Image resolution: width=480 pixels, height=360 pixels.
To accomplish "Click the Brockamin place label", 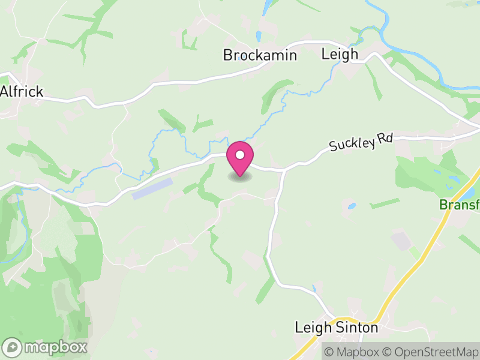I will pos(260,55).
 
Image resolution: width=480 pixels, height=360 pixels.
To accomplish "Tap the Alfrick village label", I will pos(22,92).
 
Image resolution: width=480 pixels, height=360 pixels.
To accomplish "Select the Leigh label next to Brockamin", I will pos(340,54).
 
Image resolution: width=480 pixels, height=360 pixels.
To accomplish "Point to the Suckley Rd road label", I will pos(360,143).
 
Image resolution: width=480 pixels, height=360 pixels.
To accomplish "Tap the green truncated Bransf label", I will pos(460,205).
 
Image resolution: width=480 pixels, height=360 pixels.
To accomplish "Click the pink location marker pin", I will pos(240,158).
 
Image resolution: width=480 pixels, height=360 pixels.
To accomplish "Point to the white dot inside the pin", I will pos(240,155).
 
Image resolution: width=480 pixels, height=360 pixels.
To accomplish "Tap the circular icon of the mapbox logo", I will pos(13,347).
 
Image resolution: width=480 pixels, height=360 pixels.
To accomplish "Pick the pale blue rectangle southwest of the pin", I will pos(152,188).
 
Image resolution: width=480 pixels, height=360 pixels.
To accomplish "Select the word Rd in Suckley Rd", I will pos(385,139).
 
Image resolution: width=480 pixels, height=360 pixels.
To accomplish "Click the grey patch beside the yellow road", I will pos(400,241).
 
